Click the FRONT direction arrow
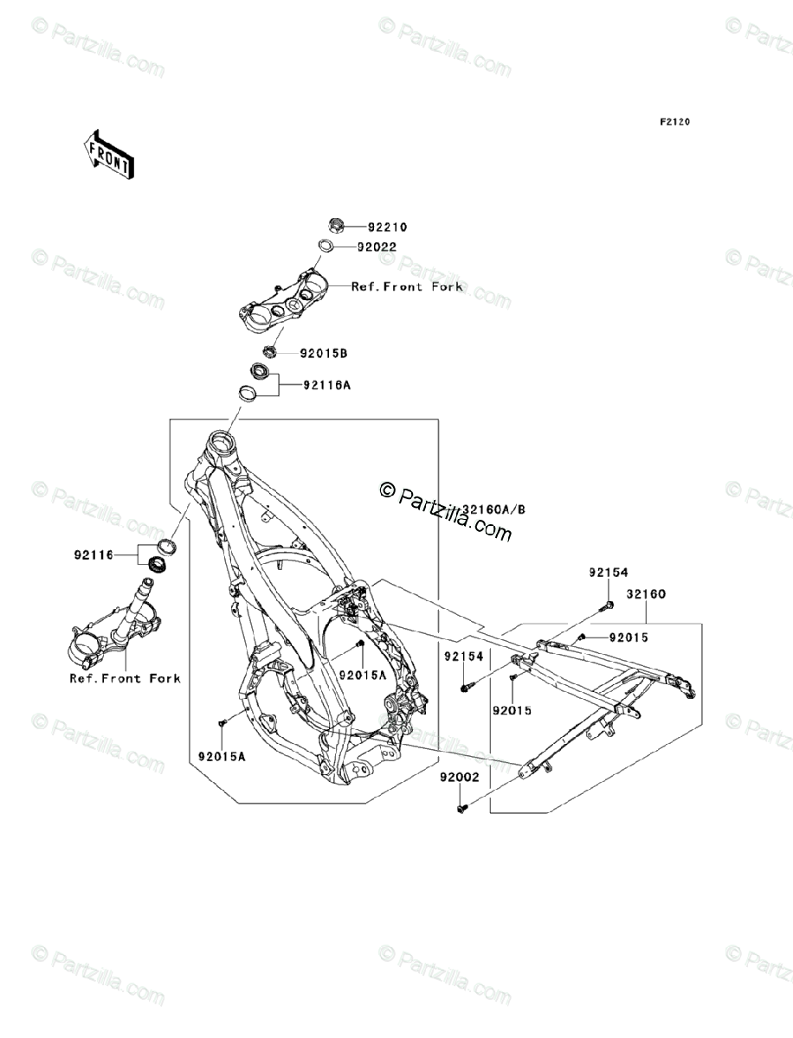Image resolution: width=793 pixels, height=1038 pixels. click(x=108, y=154)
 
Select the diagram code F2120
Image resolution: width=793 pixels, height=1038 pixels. click(x=674, y=122)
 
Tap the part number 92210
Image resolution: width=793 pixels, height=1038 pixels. click(x=386, y=227)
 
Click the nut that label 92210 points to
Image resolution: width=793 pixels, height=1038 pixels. click(x=338, y=227)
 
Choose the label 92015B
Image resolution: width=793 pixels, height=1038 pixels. click(x=325, y=354)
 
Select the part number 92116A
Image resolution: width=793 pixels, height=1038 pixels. click(x=326, y=386)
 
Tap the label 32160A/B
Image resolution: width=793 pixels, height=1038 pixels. click(x=493, y=509)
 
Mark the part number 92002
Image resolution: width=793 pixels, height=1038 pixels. click(x=458, y=778)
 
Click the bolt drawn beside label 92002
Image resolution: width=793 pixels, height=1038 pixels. click(x=461, y=808)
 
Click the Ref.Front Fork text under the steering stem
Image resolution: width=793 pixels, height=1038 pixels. click(x=125, y=678)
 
